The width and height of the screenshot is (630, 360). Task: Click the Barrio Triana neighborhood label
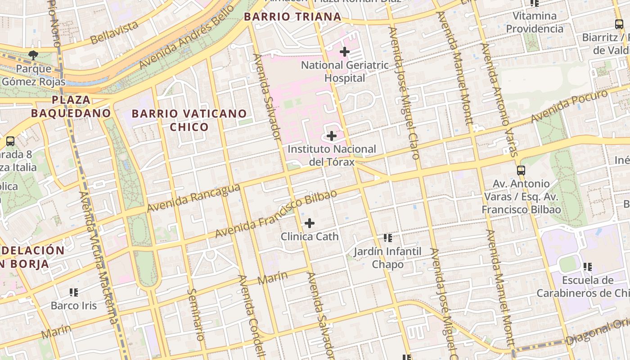(x=292, y=17)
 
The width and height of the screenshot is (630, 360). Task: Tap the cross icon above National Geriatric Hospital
(x=345, y=52)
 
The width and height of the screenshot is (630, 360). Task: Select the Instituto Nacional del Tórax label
(x=332, y=155)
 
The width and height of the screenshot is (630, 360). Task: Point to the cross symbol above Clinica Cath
(x=310, y=223)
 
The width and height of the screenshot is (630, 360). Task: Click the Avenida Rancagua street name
(x=193, y=198)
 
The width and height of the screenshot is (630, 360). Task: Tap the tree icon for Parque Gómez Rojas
(x=33, y=55)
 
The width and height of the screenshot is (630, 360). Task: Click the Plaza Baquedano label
(x=71, y=106)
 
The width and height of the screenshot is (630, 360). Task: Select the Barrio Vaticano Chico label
(x=189, y=120)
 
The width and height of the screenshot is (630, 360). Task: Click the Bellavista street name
(x=114, y=32)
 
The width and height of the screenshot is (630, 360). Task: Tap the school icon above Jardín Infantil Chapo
(x=387, y=238)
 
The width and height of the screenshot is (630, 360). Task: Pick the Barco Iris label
(x=74, y=306)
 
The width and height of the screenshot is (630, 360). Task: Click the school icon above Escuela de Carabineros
(x=587, y=267)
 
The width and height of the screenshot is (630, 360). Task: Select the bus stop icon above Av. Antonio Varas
(x=521, y=171)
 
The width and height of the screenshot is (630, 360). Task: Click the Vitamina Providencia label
(x=535, y=22)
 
